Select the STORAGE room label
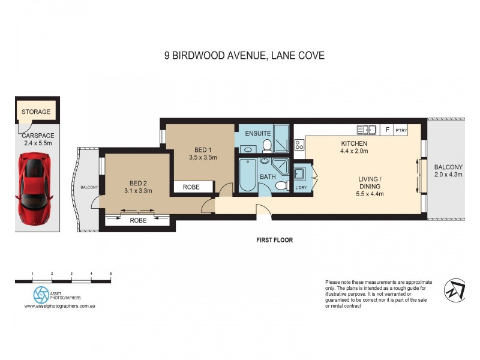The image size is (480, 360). click(37, 112)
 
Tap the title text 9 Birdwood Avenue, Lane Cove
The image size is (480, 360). click(244, 56)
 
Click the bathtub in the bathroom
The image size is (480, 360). click(247, 174)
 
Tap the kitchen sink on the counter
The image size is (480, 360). click(366, 129)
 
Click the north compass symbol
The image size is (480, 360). click(454, 290)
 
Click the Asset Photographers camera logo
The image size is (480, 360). click(41, 294)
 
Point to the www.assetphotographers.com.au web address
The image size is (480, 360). click(60, 306)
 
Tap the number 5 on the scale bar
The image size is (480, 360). click(110, 274)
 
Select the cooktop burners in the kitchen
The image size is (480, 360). click(299, 145)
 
